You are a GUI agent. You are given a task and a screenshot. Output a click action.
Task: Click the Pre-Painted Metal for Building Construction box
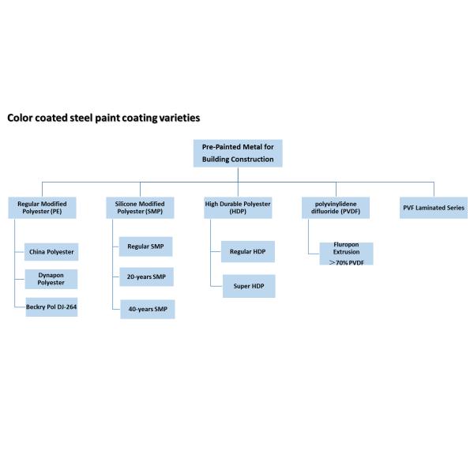coord(237,152)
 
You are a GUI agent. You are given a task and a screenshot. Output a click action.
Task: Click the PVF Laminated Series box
coord(434,208)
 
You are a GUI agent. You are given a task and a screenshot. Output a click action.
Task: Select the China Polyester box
coord(51,252)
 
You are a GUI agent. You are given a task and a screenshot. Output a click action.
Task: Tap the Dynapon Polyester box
coord(51,278)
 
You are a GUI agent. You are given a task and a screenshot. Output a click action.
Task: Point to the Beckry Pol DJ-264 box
coord(51,306)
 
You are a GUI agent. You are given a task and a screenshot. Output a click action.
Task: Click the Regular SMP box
coord(146,246)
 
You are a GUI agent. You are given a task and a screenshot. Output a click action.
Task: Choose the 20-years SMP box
coord(146,277)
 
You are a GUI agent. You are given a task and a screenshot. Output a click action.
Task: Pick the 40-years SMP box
coord(146,308)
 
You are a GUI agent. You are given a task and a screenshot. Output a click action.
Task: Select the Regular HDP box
coord(247,251)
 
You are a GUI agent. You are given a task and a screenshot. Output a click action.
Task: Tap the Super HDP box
coord(247,286)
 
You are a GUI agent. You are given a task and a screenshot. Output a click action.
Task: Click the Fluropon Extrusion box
coord(341,249)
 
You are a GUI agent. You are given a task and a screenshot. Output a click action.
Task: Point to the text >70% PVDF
coord(341,261)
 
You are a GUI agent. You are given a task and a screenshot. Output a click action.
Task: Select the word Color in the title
coord(21,118)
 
